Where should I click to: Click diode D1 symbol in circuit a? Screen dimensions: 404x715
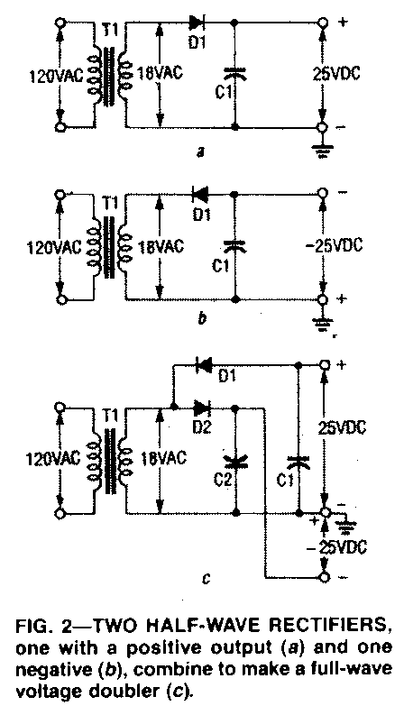[197, 21]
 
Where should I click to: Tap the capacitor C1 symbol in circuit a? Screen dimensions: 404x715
[235, 74]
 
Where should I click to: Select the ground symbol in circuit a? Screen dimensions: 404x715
[322, 150]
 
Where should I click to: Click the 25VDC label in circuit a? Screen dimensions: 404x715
[335, 74]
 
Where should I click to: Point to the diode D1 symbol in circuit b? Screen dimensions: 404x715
[199, 195]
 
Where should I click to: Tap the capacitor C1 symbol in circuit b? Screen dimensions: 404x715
[235, 246]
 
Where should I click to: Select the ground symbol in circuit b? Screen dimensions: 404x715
[322, 324]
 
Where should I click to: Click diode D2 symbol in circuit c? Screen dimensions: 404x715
[201, 407]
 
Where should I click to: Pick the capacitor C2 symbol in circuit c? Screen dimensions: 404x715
[235, 463]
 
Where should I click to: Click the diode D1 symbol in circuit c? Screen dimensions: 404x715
[204, 365]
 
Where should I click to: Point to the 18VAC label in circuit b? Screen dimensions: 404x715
[160, 247]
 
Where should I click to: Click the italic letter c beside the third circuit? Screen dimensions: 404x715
[206, 580]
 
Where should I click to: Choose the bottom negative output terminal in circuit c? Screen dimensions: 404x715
[324, 578]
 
